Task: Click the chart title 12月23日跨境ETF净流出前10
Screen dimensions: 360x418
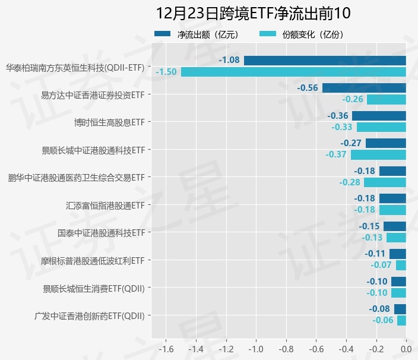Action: tap(254, 13)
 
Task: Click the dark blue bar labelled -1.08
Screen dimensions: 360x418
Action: tap(325, 60)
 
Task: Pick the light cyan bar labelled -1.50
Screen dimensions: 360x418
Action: tap(293, 72)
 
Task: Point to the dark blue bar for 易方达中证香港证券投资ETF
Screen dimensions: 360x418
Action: tap(364, 88)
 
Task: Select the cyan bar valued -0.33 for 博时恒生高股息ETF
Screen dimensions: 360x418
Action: tap(381, 127)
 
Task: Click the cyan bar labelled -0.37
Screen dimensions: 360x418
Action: tap(378, 154)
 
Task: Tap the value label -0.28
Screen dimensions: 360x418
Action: tap(350, 182)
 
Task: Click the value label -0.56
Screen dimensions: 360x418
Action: tap(308, 88)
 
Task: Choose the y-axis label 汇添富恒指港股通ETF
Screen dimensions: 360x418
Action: tap(105, 206)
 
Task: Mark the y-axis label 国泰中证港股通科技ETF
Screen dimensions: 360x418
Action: tap(101, 233)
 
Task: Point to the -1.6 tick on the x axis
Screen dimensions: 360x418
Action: tap(166, 349)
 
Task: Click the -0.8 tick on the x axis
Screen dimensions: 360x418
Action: tap(286, 349)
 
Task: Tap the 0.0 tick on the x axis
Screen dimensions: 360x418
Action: tap(406, 349)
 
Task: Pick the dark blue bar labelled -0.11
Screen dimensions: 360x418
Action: tap(398, 254)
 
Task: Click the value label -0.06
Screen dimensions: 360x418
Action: tap(383, 321)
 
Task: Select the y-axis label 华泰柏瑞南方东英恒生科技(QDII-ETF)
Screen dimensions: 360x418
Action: tap(75, 67)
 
